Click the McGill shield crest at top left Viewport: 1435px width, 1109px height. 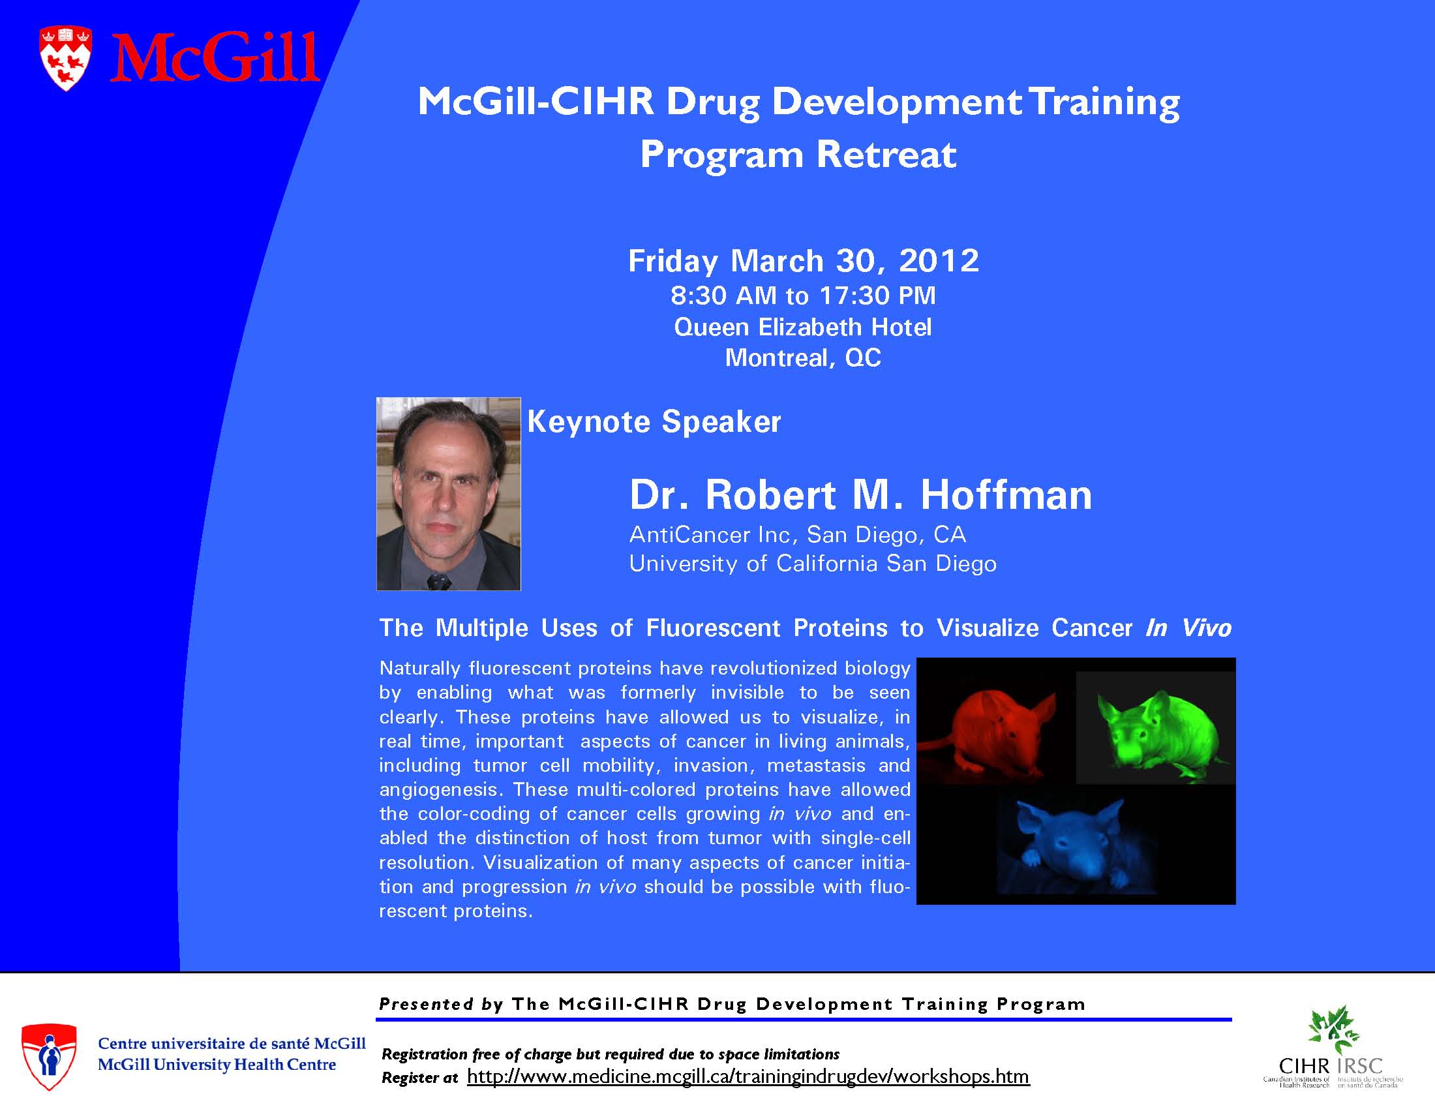pos(66,58)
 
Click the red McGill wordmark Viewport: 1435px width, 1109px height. pos(214,59)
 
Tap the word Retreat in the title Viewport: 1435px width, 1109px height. pos(886,155)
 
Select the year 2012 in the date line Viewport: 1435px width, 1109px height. pos(939,261)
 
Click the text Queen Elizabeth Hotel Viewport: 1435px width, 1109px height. pos(802,327)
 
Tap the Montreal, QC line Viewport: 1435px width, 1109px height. pos(802,358)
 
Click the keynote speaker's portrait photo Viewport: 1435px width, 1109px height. pos(448,494)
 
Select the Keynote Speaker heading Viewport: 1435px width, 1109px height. pos(654,422)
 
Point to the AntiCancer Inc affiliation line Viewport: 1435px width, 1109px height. pos(798,535)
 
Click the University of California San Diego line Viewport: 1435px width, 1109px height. pos(813,564)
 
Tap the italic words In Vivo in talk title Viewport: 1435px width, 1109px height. pos(1188,628)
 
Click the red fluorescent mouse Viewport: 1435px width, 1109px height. pos(989,729)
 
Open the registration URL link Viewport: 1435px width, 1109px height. pos(748,1076)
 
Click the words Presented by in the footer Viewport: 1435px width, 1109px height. pos(441,1004)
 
